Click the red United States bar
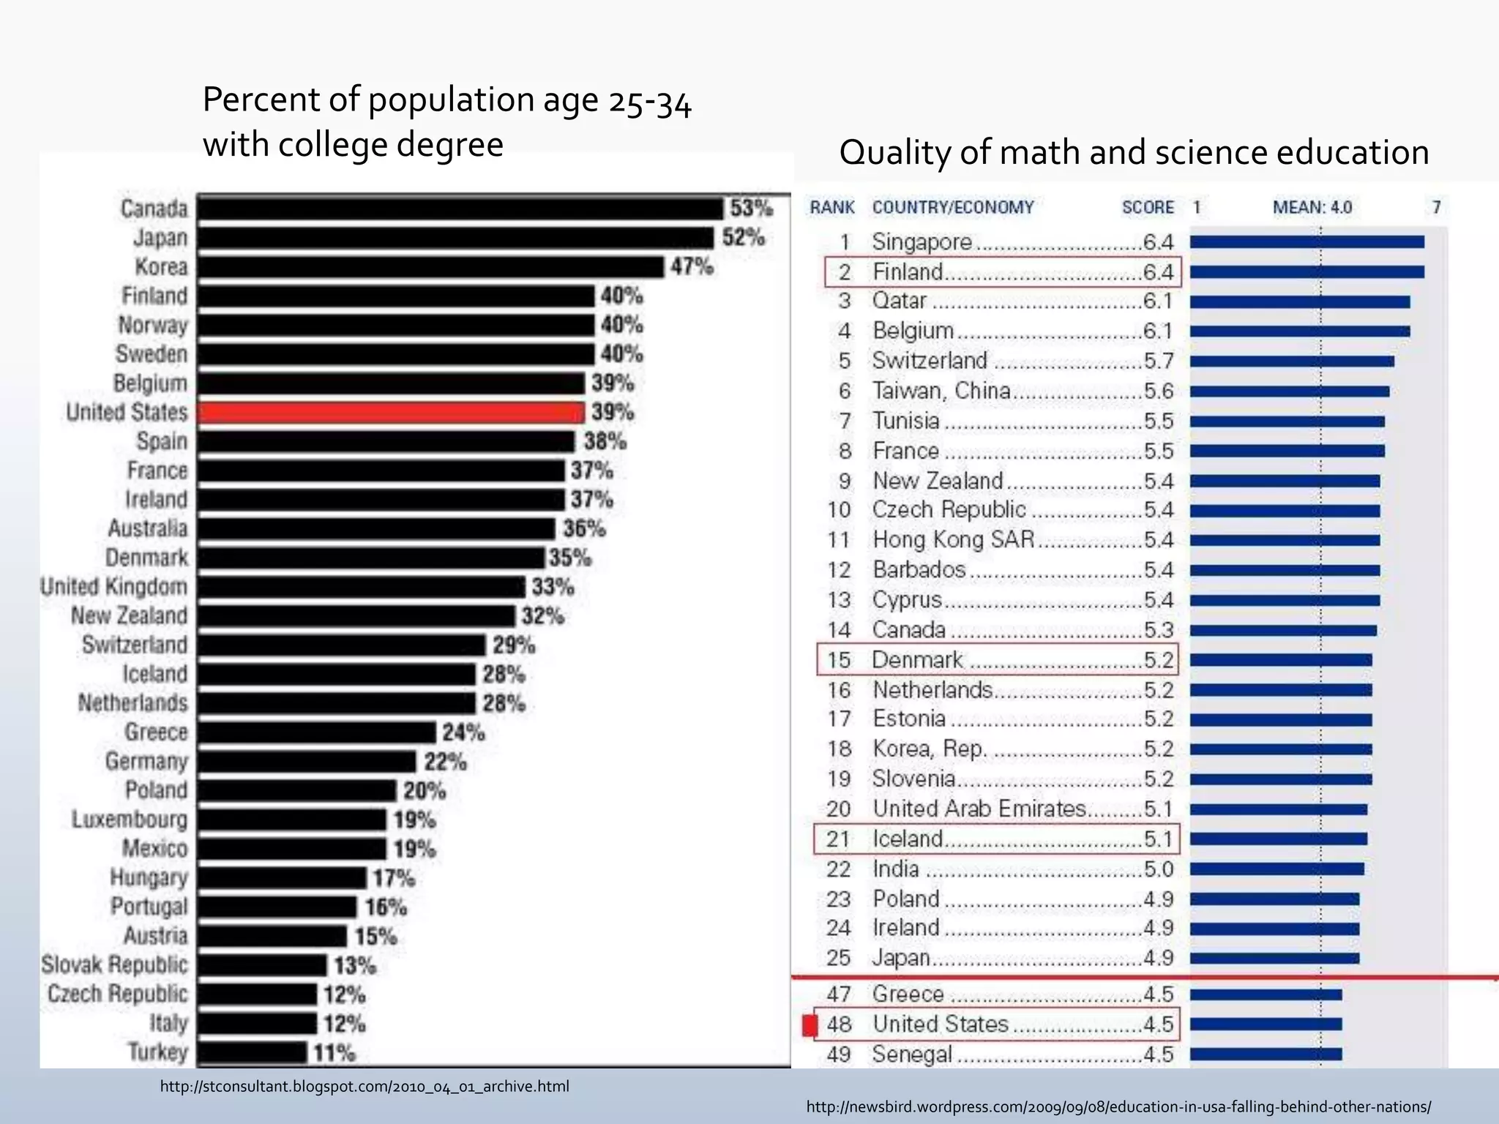pos(392,413)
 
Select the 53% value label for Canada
pos(751,209)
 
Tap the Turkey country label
pos(158,1052)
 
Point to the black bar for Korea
pos(430,267)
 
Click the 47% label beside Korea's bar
pos(692,266)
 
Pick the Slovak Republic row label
pos(115,964)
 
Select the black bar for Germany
pos(307,762)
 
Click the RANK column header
pos(832,208)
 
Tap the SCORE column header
pos(1148,208)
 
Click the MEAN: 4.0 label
pos(1312,208)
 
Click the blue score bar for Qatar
pos(1299,301)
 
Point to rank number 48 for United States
pos(839,1024)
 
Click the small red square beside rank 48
pos(810,1025)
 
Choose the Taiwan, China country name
pos(941,391)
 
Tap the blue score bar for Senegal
pos(1266,1054)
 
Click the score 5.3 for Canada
pos(1159,629)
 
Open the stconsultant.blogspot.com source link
pos(365,1087)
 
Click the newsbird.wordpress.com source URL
pos(1118,1107)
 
